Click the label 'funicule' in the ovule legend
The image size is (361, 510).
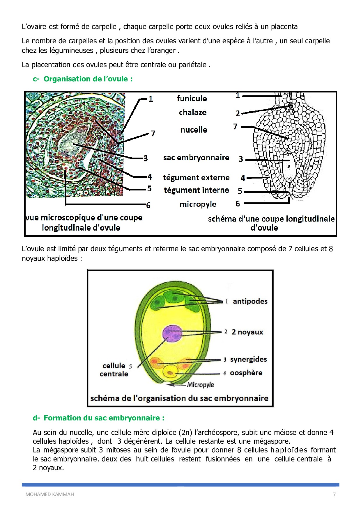[x=192, y=98]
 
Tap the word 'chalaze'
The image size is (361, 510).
[x=192, y=112]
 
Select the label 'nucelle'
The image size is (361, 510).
[x=194, y=130]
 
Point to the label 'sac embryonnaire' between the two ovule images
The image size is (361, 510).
[x=196, y=158]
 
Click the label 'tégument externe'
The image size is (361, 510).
[x=196, y=177]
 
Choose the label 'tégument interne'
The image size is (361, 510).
[x=196, y=190]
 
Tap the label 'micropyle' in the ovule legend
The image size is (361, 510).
[x=198, y=204]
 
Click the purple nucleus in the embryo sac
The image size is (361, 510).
[x=172, y=333]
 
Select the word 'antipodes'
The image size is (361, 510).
[x=250, y=301]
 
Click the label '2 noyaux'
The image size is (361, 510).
[x=247, y=332]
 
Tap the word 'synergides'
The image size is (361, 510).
[x=248, y=359]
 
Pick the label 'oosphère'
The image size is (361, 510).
[x=246, y=373]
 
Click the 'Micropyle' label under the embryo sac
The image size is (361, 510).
[x=200, y=385]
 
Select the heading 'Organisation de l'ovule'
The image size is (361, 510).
[x=88, y=79]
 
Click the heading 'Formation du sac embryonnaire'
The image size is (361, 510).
[x=104, y=418]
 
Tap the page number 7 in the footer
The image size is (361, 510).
[x=334, y=494]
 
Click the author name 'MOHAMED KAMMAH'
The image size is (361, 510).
[x=49, y=494]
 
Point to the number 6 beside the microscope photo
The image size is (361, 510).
[x=148, y=205]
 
